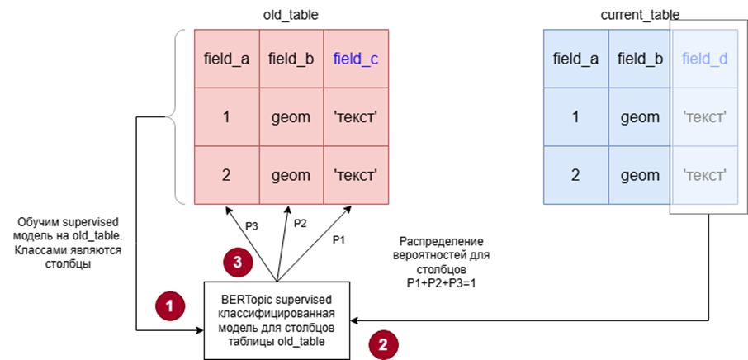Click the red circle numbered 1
[x=170, y=305]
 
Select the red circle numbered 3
[x=235, y=263]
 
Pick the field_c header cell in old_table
[x=357, y=59]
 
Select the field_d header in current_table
[x=706, y=59]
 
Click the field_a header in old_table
[x=226, y=59]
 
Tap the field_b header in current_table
[x=641, y=59]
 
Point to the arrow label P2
[x=301, y=222]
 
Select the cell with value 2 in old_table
[x=226, y=175]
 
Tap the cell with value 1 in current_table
[x=575, y=117]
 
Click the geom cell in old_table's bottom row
[x=291, y=175]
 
